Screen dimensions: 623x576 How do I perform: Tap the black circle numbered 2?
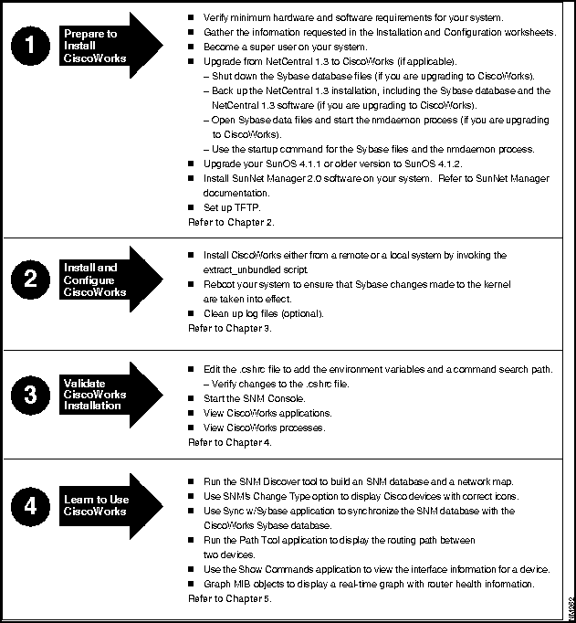32,280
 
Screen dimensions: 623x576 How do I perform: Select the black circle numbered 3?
32,396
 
